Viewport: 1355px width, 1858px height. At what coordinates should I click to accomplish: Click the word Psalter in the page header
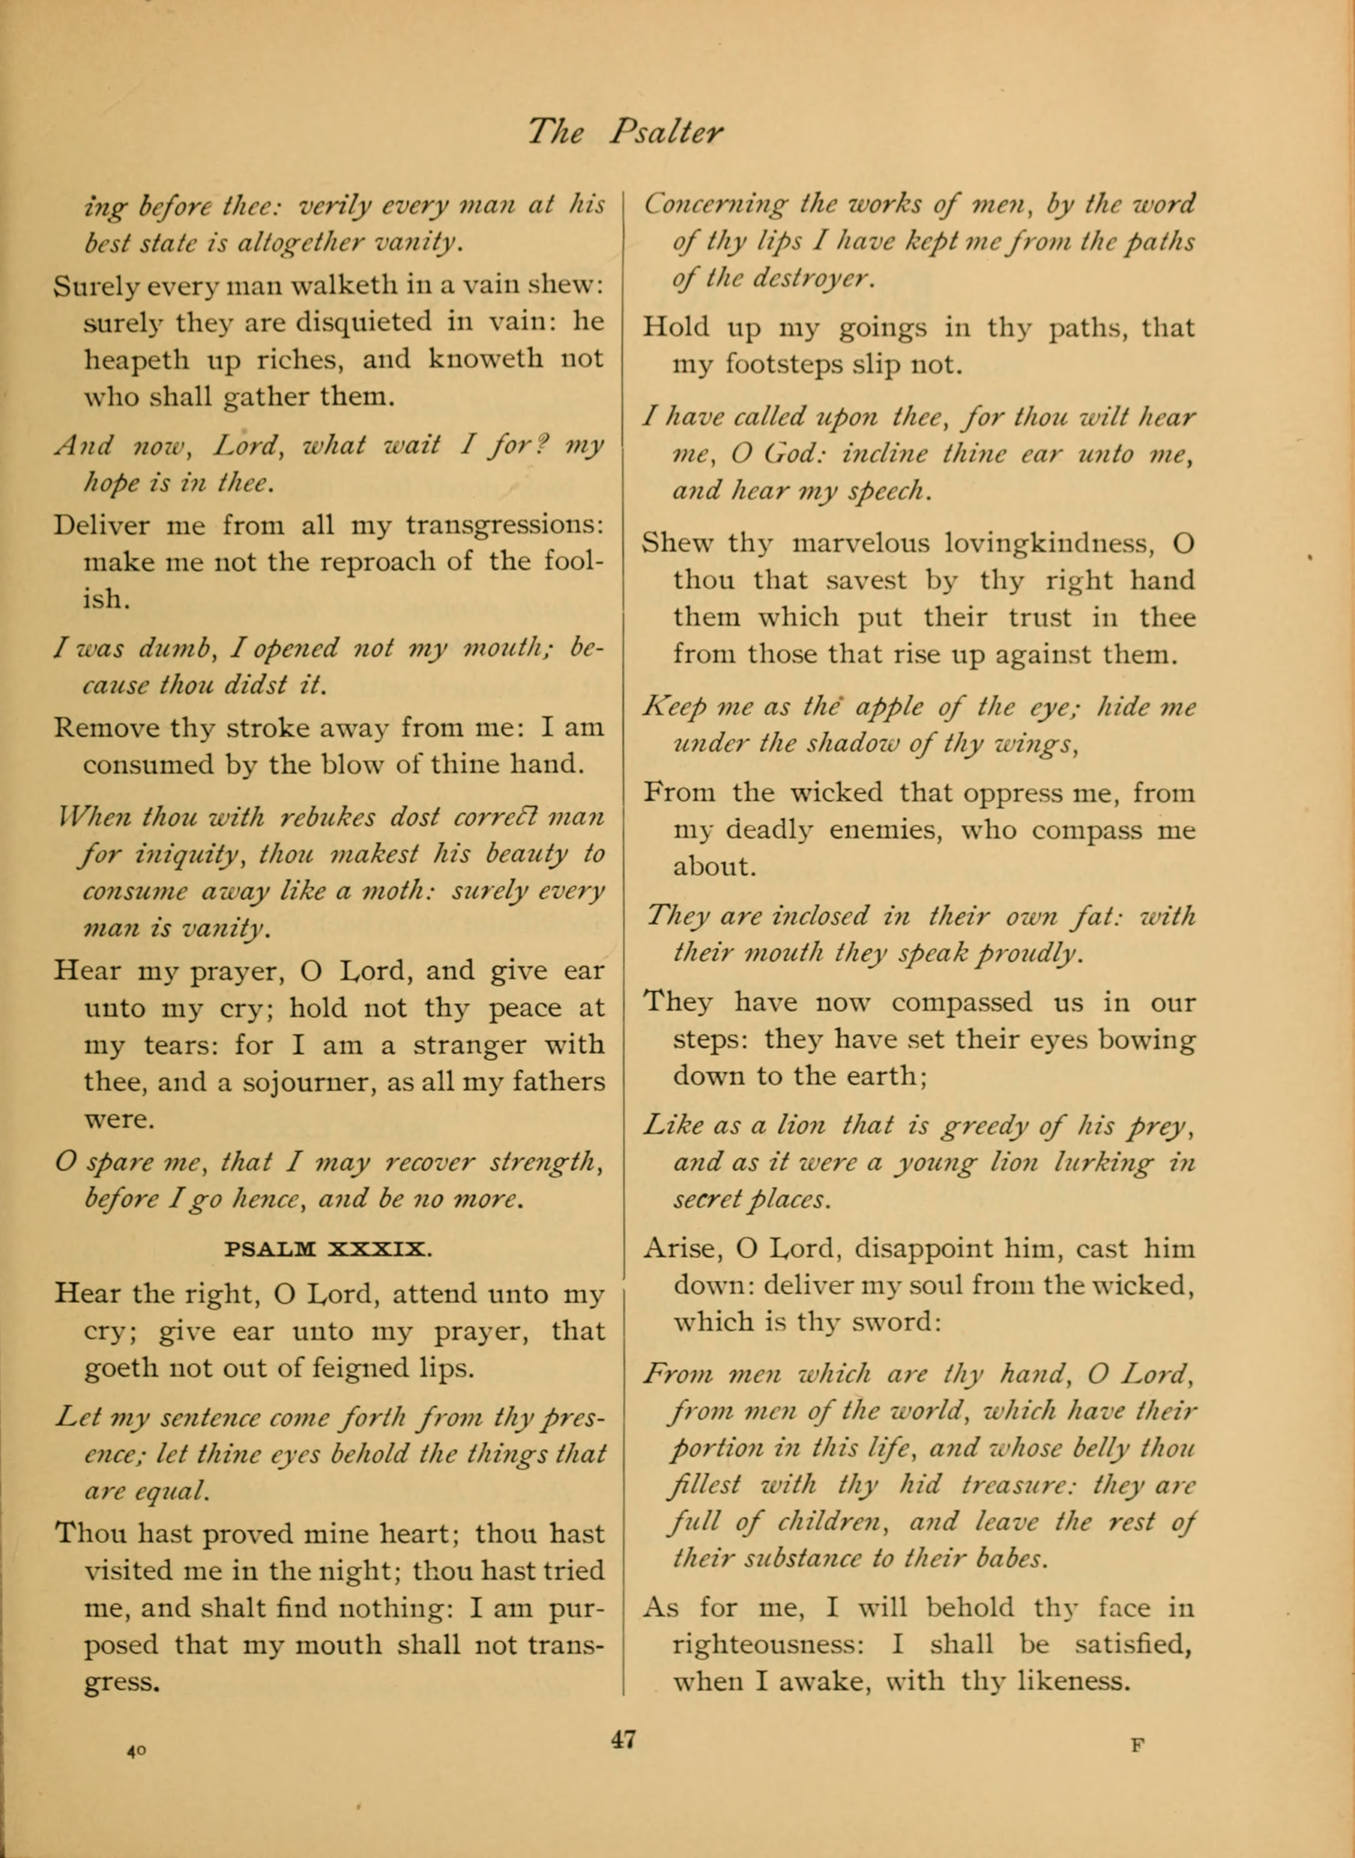666,132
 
